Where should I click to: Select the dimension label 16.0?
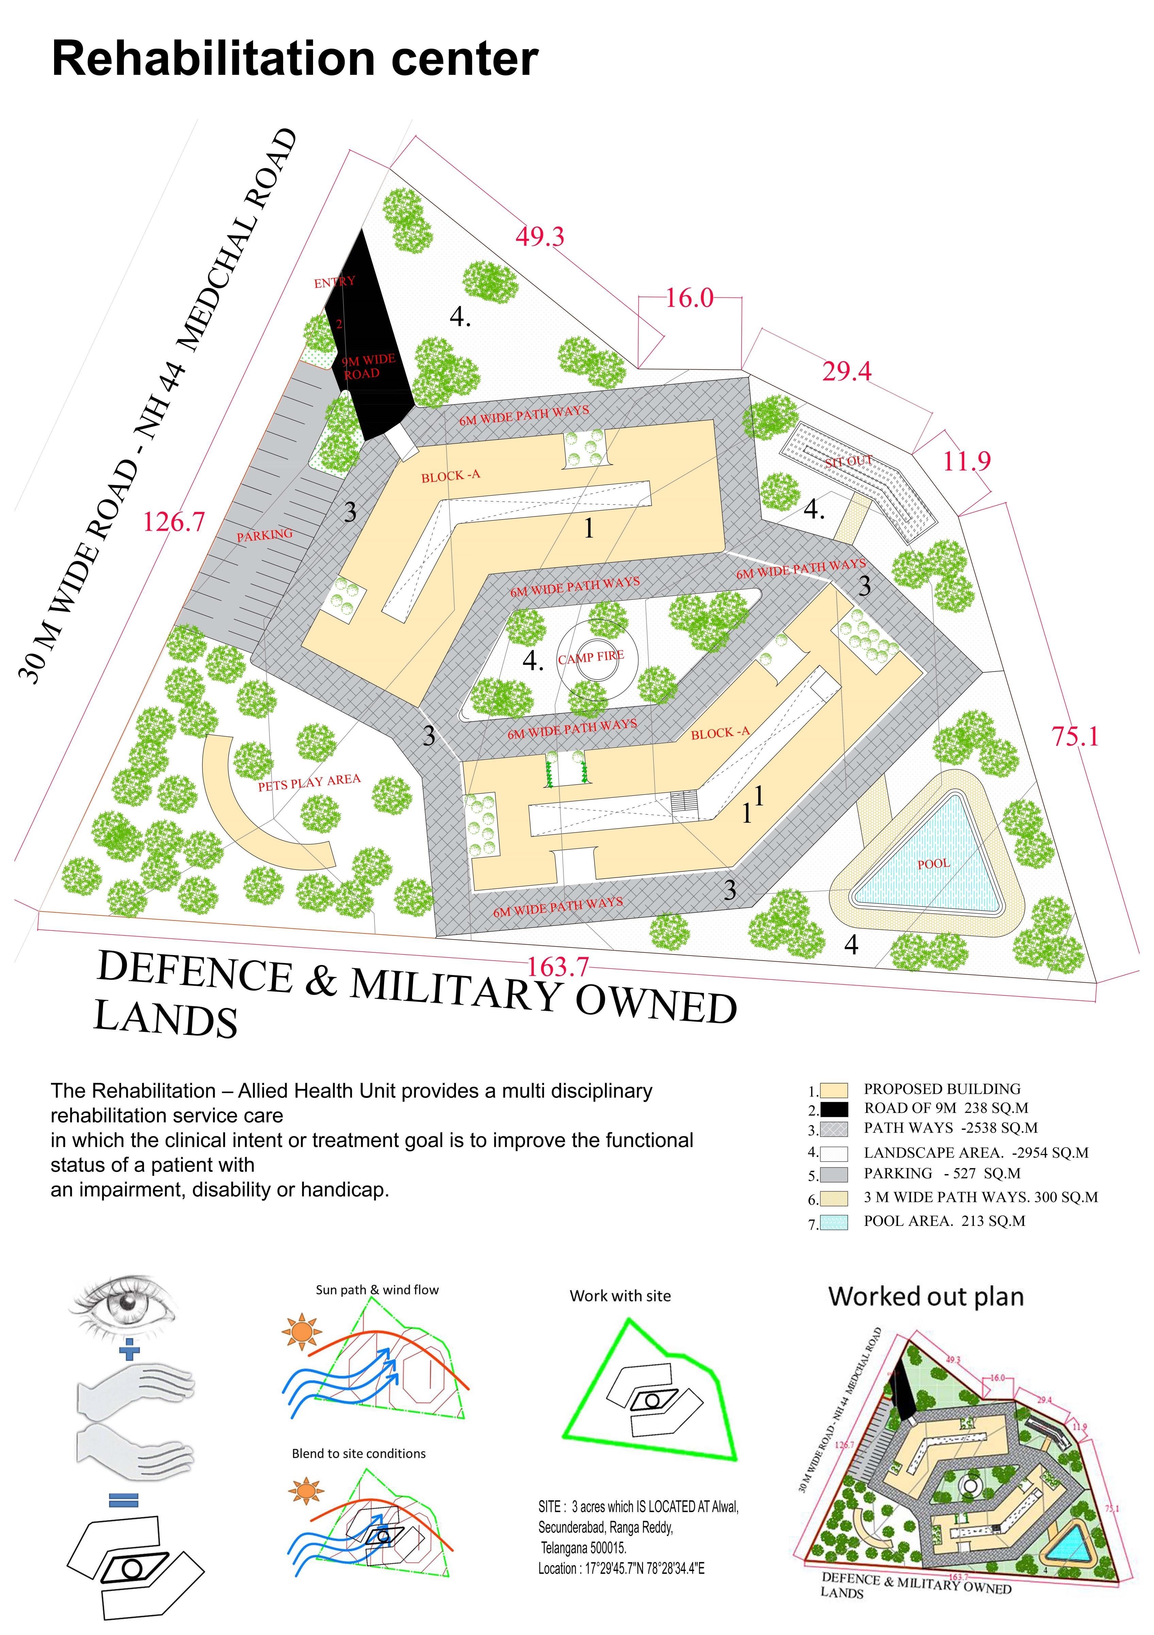[689, 298]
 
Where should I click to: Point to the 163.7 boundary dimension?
[558, 966]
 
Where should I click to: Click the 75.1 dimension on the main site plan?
[1075, 736]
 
